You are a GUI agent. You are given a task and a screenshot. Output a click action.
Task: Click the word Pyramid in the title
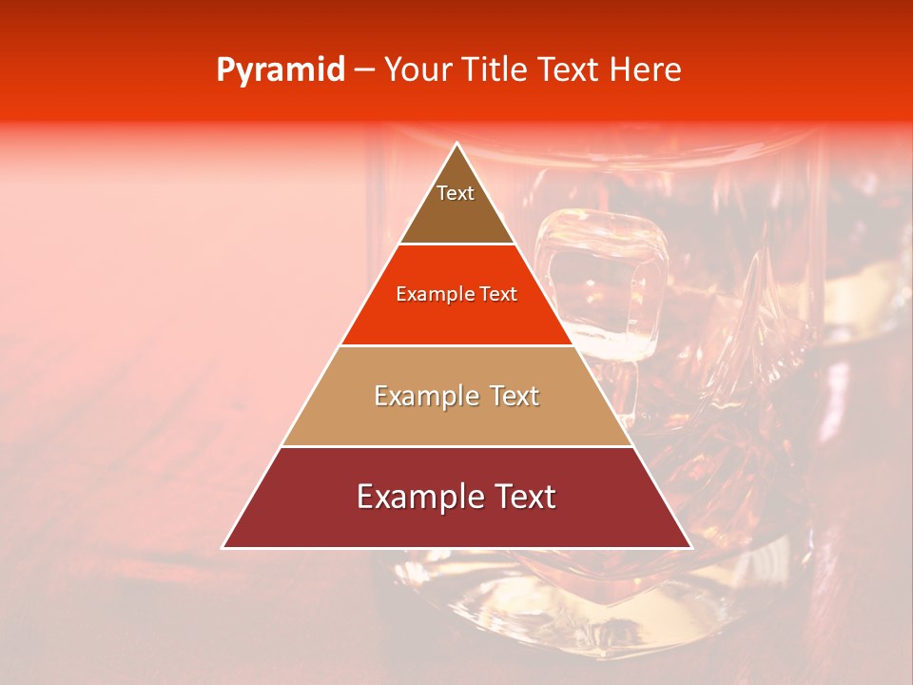[x=280, y=70]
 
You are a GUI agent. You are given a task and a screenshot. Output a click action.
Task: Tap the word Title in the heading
[x=495, y=70]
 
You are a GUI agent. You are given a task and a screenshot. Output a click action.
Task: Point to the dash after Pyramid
[x=364, y=70]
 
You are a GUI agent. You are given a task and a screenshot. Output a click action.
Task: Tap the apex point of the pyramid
[x=457, y=145]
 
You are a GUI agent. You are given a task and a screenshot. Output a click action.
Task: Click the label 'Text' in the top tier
[x=456, y=193]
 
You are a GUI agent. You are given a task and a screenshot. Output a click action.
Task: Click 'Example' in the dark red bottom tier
[x=413, y=497]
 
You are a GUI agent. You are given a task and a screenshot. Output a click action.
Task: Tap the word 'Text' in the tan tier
[x=515, y=396]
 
